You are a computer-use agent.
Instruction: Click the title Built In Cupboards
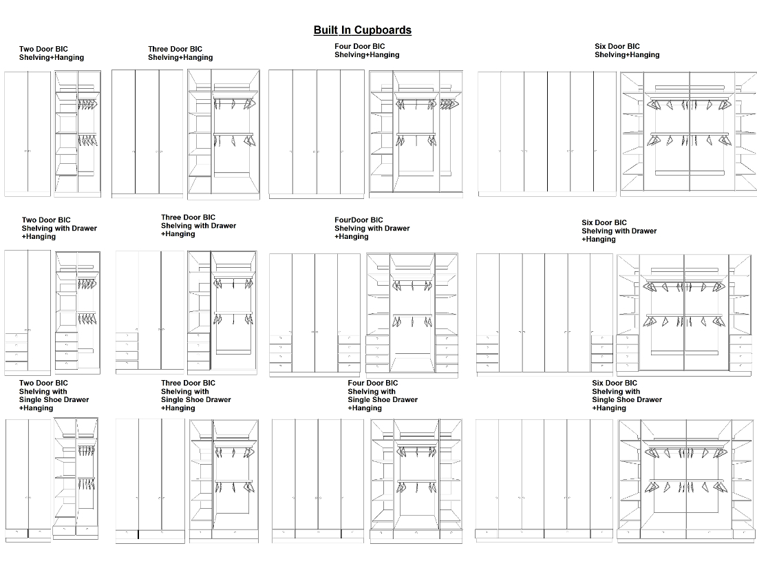click(x=362, y=30)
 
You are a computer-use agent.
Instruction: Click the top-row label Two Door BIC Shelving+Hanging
click(x=51, y=53)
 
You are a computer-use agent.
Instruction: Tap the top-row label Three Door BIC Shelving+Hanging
click(x=180, y=53)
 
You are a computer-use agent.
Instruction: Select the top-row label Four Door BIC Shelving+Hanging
click(x=367, y=50)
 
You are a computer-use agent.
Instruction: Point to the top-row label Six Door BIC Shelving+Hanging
click(x=627, y=50)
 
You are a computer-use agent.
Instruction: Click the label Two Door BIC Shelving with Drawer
click(x=59, y=228)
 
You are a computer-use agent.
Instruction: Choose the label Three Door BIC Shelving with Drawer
click(x=198, y=225)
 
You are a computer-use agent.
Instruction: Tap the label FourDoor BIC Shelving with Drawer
click(x=372, y=228)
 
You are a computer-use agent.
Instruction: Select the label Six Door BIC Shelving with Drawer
click(x=619, y=231)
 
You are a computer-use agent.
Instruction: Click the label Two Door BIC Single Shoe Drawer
click(x=54, y=395)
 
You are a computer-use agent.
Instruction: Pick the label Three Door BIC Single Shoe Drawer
click(x=196, y=395)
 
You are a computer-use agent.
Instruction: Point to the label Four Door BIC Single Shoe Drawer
click(x=383, y=395)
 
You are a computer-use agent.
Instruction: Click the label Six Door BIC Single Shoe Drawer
click(x=627, y=395)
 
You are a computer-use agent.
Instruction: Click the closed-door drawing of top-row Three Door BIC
click(x=147, y=133)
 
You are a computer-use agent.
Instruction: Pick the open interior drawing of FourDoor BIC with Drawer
click(x=412, y=314)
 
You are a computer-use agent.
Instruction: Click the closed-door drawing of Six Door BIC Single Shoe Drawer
click(x=544, y=479)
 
